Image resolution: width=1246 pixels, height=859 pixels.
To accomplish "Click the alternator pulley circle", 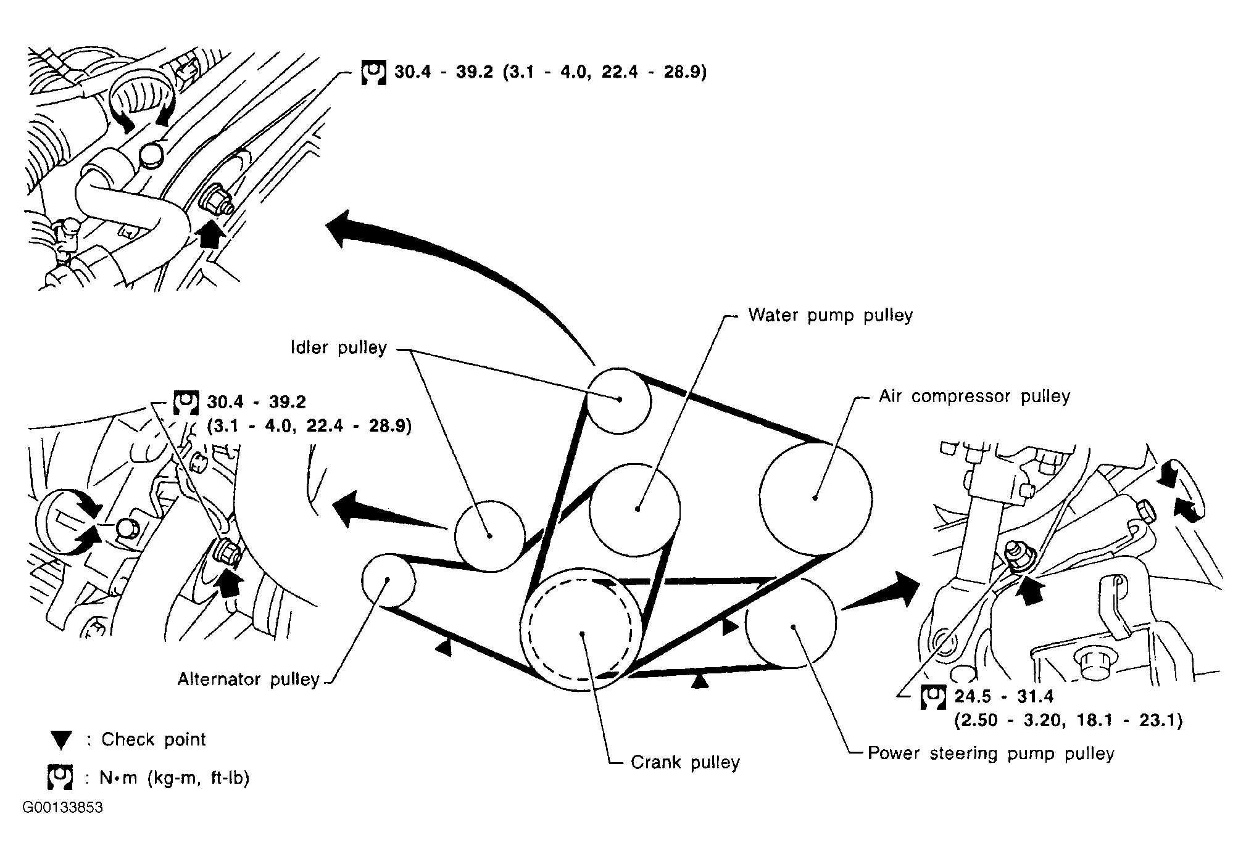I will tap(387, 580).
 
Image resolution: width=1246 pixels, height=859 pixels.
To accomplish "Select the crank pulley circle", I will tap(581, 630).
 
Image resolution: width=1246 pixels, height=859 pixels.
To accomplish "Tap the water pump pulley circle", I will tap(635, 510).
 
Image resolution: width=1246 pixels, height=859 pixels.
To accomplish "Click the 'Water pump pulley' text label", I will tap(830, 315).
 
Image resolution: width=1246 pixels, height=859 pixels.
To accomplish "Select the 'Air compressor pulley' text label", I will tap(974, 396).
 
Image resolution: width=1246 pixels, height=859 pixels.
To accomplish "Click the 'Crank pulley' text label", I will tap(685, 762).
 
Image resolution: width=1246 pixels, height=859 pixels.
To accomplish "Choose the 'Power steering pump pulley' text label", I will tap(991, 754).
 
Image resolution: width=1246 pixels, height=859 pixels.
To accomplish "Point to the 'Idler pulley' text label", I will tap(339, 348).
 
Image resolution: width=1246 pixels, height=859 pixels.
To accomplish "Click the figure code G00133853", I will tap(63, 808).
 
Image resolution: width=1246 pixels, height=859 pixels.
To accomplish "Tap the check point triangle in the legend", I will tap(62, 740).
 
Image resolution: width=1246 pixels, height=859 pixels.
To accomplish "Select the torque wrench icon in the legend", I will tap(60, 778).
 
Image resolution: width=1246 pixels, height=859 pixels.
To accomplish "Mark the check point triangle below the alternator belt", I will tap(443, 647).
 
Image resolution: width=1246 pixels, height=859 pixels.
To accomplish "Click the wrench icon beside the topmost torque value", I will tap(373, 73).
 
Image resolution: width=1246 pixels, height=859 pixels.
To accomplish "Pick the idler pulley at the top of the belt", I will tap(618, 400).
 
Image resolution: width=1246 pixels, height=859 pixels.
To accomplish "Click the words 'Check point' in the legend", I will tap(154, 739).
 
